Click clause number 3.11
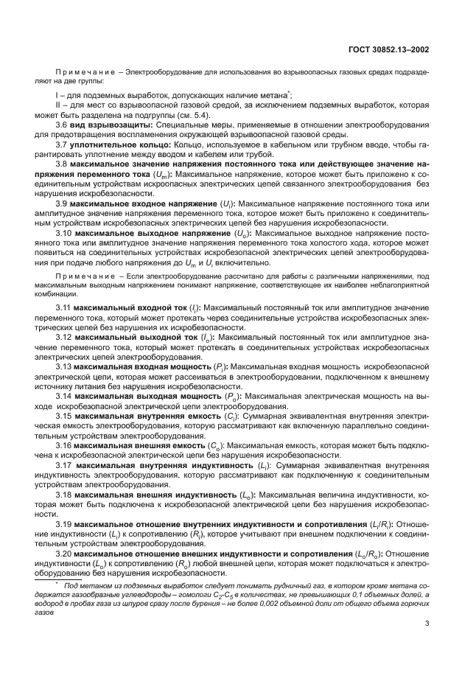63,305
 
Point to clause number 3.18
63,497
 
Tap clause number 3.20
63,554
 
